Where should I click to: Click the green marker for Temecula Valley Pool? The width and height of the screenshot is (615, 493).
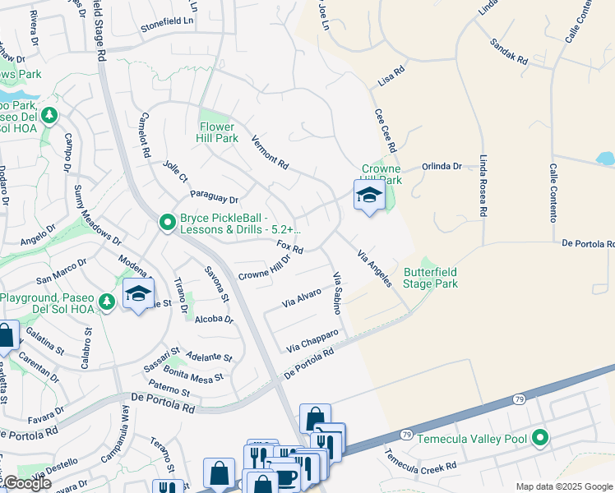pyautogui.click(x=540, y=439)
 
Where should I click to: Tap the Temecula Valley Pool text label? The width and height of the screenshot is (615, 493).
pyautogui.click(x=471, y=440)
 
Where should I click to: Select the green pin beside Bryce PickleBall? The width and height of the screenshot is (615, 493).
pyautogui.click(x=167, y=223)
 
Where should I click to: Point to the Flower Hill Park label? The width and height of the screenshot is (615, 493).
pyautogui.click(x=219, y=133)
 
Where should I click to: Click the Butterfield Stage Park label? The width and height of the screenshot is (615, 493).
pyautogui.click(x=431, y=278)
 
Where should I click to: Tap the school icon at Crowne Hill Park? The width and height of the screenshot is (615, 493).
pyautogui.click(x=369, y=196)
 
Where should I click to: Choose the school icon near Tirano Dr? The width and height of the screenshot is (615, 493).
pyautogui.click(x=138, y=293)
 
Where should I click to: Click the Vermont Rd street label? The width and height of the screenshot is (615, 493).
pyautogui.click(x=270, y=152)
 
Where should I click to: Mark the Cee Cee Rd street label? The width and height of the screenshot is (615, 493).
pyautogui.click(x=385, y=131)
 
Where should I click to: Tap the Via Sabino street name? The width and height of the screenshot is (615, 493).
pyautogui.click(x=336, y=293)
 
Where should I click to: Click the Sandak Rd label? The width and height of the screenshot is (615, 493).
pyautogui.click(x=507, y=52)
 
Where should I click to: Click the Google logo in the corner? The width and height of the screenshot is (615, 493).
pyautogui.click(x=26, y=483)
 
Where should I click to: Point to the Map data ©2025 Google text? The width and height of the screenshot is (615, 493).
pyautogui.click(x=564, y=486)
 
